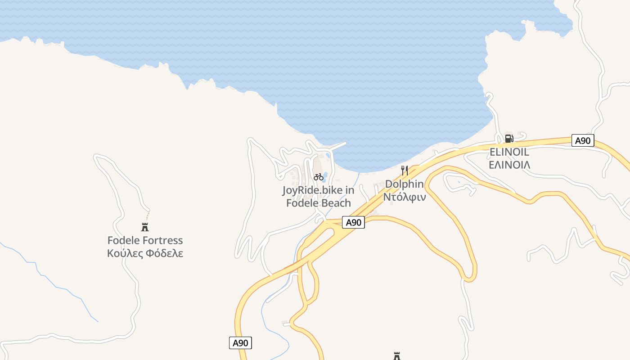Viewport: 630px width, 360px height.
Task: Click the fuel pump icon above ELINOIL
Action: coord(509,139)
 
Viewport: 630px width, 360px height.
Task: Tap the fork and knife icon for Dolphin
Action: coord(404,171)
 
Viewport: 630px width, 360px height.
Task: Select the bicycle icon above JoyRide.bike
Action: coord(319,177)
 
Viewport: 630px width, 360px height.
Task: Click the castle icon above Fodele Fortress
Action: coord(145,227)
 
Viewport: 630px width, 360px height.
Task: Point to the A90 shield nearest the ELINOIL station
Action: coord(583,140)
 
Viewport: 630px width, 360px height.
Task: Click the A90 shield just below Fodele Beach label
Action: coord(353,222)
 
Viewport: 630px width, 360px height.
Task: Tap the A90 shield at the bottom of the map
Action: coord(240,343)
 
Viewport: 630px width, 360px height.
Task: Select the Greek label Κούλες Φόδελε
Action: coord(145,253)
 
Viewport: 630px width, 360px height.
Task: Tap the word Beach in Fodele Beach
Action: coord(336,203)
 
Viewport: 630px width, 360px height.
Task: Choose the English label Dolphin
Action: coord(404,184)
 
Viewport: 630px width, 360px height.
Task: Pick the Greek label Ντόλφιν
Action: coord(404,197)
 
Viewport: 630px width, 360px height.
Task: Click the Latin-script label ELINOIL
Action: coord(509,152)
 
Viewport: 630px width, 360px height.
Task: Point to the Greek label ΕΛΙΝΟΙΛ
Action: coord(509,165)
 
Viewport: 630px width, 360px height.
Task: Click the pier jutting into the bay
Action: coord(337,146)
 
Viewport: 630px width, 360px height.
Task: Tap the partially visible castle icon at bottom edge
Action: coord(397,356)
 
